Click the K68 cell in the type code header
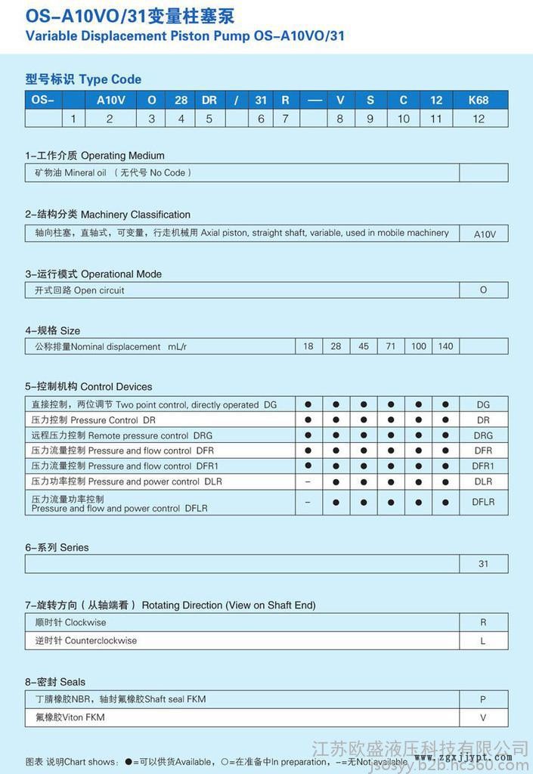(x=479, y=100)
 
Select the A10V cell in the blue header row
(x=110, y=100)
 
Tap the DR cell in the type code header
(x=209, y=100)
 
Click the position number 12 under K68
(x=479, y=119)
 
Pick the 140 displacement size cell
(x=445, y=346)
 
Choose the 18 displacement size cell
(x=308, y=346)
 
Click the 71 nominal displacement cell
(x=391, y=346)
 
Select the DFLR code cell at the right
(x=483, y=502)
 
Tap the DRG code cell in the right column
(x=483, y=435)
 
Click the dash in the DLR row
(x=308, y=481)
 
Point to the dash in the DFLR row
(x=308, y=502)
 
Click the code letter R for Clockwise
(x=483, y=623)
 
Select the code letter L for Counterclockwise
(x=483, y=641)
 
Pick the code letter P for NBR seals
(x=483, y=700)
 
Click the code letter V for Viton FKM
(x=483, y=718)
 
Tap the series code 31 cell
(x=483, y=564)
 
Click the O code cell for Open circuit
(x=483, y=290)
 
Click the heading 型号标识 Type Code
(x=83, y=79)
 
